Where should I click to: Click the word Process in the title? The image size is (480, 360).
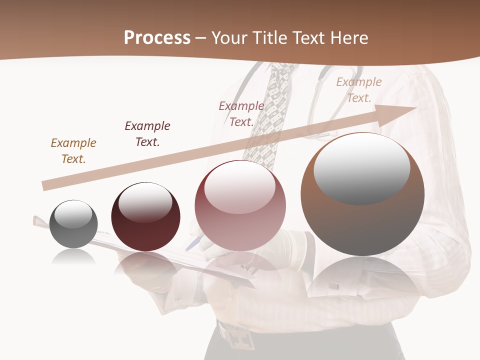tap(157, 38)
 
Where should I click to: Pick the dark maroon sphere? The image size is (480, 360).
tap(145, 217)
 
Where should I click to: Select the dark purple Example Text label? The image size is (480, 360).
tap(147, 134)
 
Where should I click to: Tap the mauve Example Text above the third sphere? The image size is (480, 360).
tap(241, 114)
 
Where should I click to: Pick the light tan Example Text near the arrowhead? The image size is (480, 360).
tap(359, 90)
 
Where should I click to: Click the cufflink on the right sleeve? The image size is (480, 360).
tap(333, 286)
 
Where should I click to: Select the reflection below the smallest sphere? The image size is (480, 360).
tap(73, 257)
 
